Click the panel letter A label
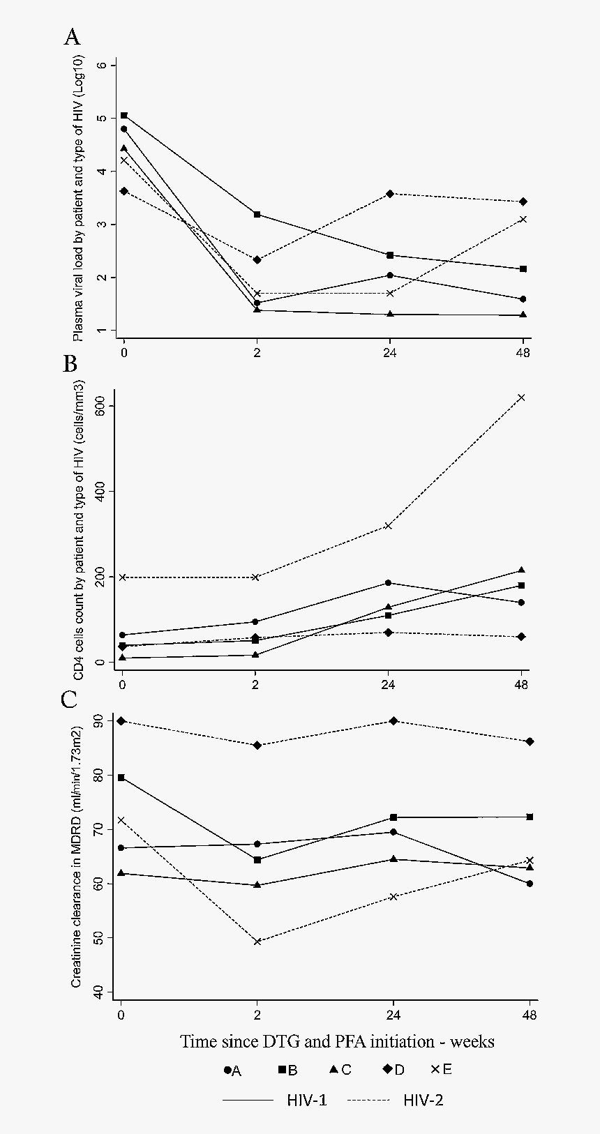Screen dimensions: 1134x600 [x=72, y=38]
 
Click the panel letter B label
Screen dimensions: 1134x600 [x=70, y=364]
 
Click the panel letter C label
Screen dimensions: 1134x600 [x=69, y=700]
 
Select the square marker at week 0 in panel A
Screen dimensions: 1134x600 [x=124, y=115]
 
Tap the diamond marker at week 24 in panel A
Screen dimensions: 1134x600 [x=390, y=194]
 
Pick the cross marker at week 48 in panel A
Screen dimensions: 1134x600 [x=523, y=219]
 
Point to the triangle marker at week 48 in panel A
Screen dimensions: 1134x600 [x=523, y=315]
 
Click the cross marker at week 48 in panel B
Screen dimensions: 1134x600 [x=521, y=398]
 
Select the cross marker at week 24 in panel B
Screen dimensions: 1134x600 [x=389, y=526]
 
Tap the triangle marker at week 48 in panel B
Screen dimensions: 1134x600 [x=521, y=570]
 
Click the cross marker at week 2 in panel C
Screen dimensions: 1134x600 [x=257, y=942]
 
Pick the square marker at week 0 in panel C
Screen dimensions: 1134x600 [x=121, y=778]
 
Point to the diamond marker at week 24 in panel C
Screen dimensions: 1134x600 [x=393, y=720]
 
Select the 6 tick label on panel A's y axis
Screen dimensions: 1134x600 [x=103, y=65]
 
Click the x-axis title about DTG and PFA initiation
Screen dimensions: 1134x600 [x=338, y=1041]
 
